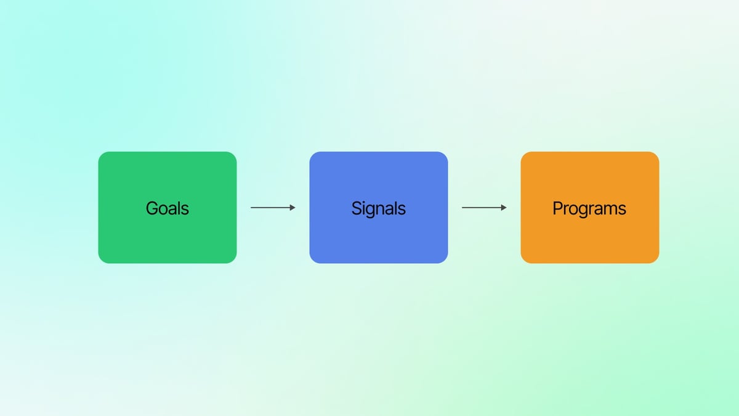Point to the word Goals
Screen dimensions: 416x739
click(167, 208)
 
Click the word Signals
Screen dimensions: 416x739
click(378, 208)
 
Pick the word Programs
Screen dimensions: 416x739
click(589, 208)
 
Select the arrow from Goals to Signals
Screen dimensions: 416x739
click(273, 208)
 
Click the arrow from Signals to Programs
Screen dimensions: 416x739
click(484, 208)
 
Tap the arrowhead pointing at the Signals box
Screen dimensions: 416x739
click(293, 208)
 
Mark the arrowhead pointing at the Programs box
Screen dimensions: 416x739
click(504, 208)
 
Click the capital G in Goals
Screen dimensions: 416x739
click(151, 208)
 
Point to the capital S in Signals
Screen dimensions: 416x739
click(356, 208)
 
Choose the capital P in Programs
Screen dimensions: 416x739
click(557, 208)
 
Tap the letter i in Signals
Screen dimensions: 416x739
click(363, 208)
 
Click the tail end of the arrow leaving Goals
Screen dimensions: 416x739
click(252, 208)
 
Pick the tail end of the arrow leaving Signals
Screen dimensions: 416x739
click(463, 208)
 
